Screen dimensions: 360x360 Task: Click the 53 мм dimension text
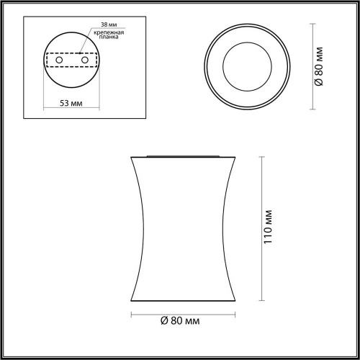(70, 104)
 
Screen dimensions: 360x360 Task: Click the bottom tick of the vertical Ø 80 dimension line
(314, 109)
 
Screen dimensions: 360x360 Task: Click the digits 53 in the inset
(64, 104)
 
